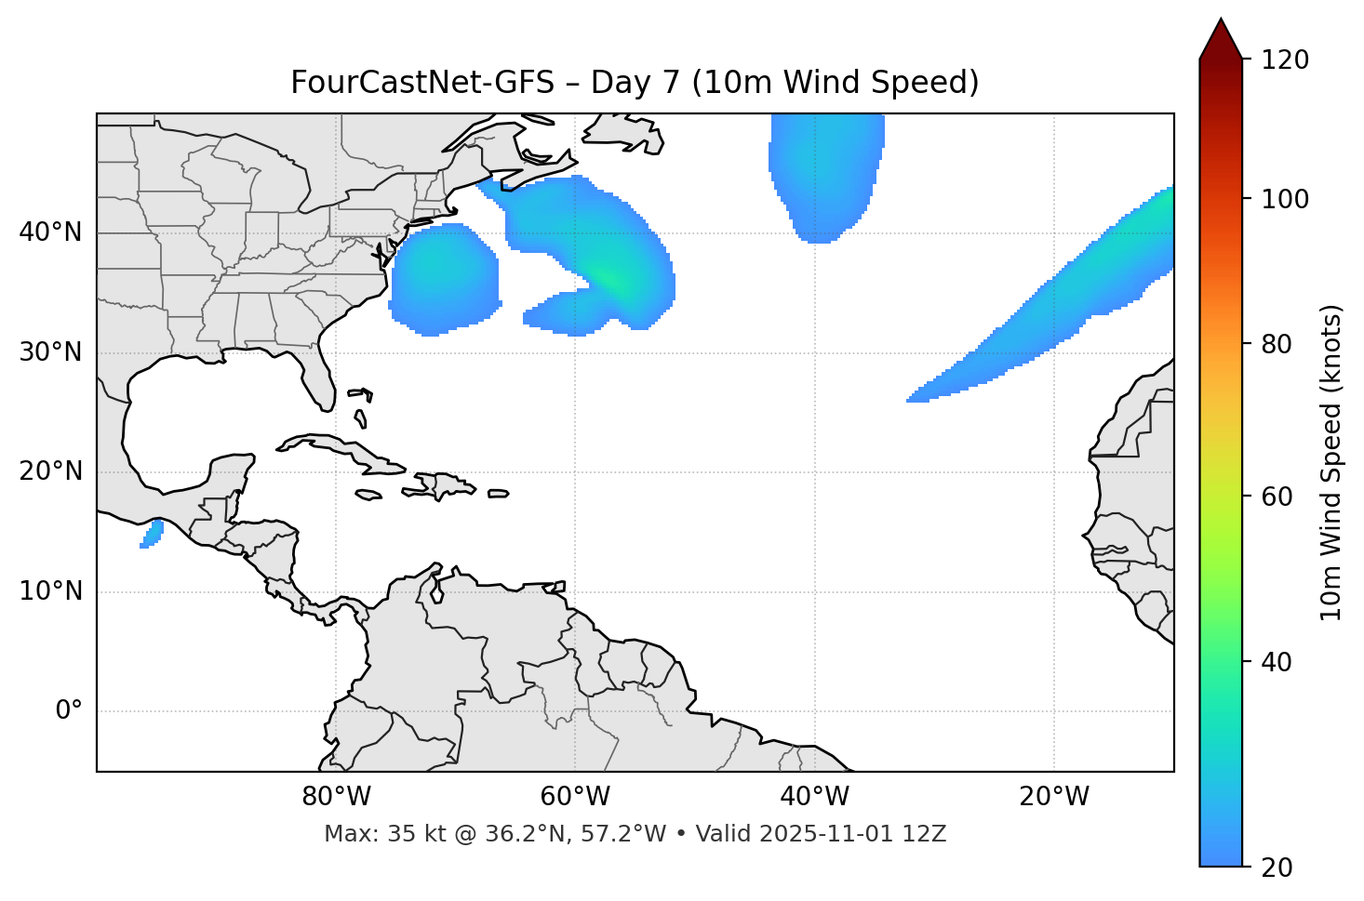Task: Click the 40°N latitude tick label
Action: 50,232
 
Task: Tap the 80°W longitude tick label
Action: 336,797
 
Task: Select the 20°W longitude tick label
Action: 1054,797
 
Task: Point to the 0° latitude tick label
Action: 69,711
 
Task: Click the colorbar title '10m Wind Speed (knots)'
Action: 1331,462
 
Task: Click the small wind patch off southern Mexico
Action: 152,535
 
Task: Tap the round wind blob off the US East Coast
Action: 444,279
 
